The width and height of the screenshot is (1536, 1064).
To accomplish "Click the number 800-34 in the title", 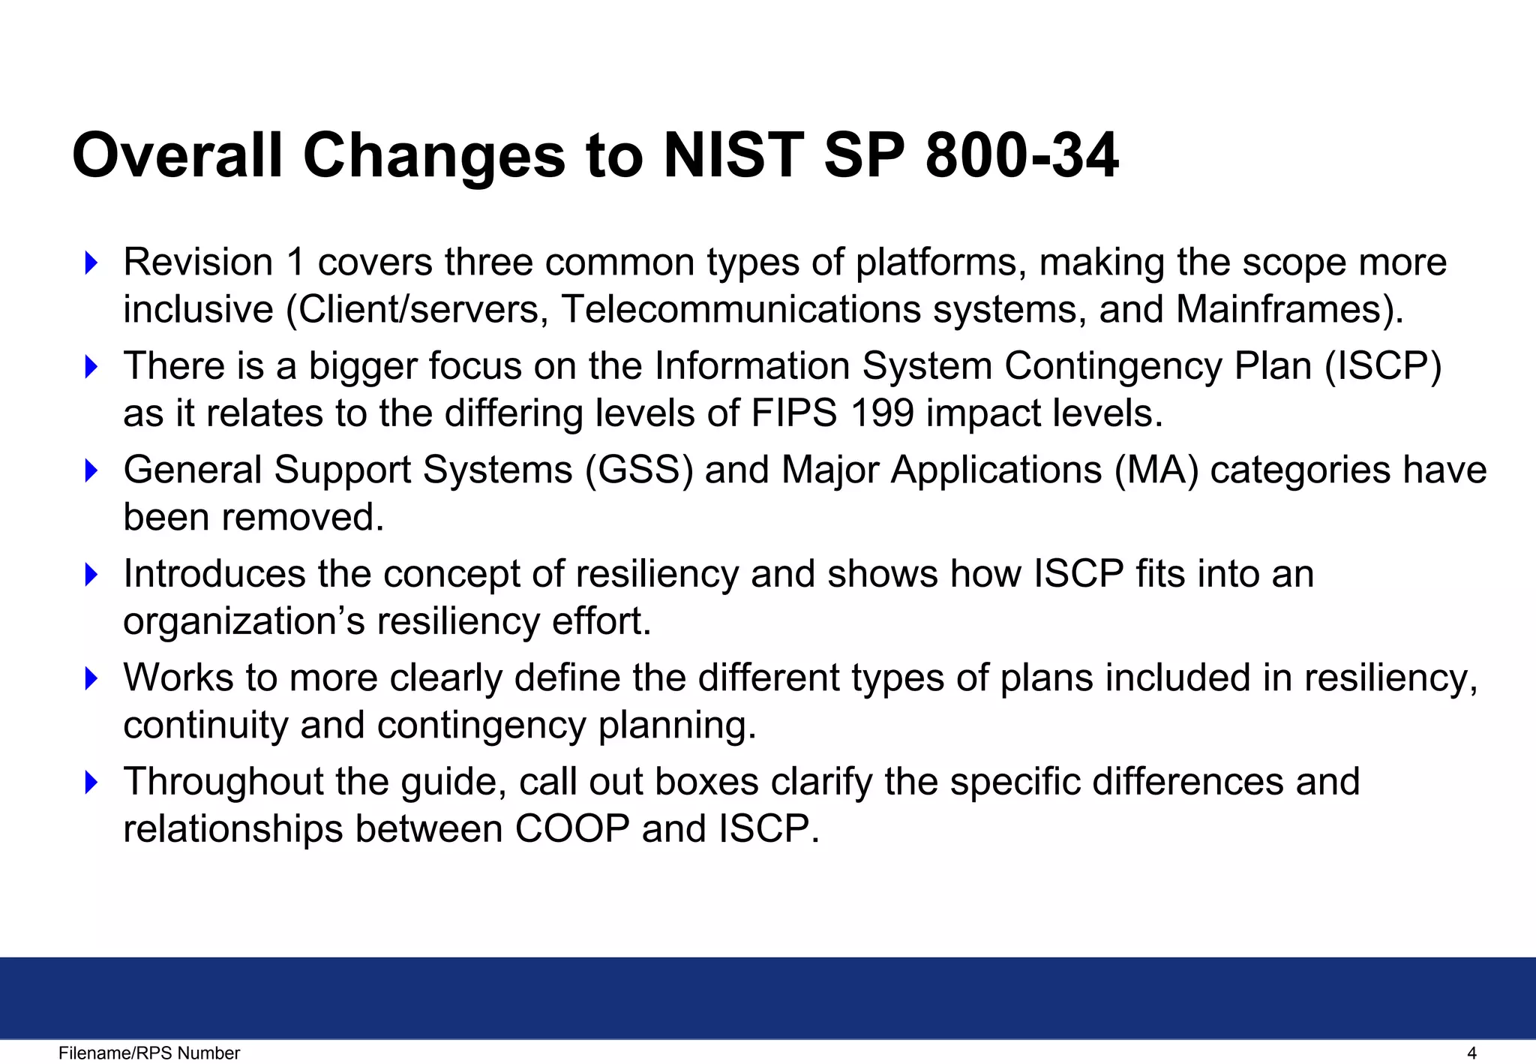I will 1021,155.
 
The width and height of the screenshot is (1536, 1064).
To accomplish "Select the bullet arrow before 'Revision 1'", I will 91,263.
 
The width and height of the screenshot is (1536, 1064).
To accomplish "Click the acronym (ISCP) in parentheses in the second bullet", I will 1383,366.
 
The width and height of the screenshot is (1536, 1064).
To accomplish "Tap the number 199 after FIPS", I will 883,413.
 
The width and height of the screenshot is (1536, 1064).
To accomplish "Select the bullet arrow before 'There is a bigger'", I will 91,367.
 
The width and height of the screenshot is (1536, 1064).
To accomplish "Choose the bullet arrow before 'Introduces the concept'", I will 91,575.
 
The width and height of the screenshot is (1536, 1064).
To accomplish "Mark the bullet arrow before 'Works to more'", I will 91,678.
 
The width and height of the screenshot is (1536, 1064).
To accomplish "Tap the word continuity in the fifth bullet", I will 205,726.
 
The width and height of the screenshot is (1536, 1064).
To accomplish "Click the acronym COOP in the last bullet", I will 572,829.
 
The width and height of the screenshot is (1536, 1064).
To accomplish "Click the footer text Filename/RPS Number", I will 149,1053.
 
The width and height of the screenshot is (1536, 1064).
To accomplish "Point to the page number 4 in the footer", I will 1471,1053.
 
